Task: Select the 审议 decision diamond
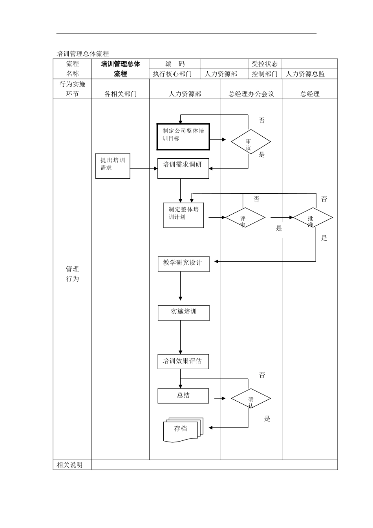250,142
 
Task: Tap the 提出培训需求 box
113,166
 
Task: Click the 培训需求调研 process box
183,169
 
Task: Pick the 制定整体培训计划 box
183,215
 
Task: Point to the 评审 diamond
245,218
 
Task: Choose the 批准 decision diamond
313,218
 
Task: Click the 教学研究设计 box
183,264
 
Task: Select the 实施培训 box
183,313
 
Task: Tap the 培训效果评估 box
183,361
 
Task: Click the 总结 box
183,396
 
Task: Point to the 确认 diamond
250,399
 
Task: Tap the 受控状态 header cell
265,64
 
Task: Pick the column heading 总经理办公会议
251,93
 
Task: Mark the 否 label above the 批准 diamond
324,199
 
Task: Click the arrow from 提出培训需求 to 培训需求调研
143,169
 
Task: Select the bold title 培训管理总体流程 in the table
120,69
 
